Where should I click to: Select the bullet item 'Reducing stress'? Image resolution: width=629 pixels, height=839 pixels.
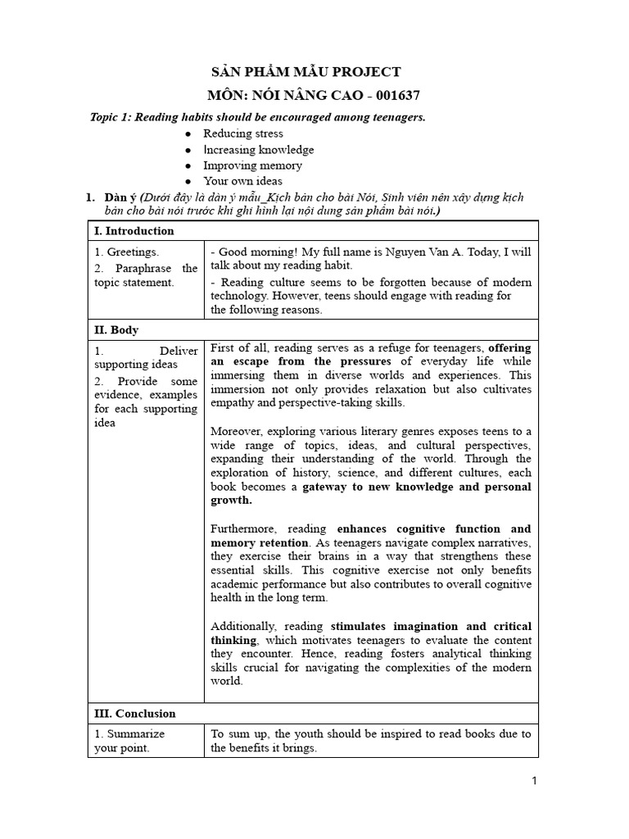243,134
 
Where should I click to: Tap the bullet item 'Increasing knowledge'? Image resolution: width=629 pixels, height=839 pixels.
259,150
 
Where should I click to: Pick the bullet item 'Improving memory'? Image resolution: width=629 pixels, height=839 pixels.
253,166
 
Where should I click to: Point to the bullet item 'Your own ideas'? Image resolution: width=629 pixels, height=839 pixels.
243,181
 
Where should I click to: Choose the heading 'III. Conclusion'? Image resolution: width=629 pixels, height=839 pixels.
135,714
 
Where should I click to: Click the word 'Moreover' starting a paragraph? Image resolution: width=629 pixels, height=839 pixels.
238,431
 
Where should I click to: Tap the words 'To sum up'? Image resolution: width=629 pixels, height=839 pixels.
238,734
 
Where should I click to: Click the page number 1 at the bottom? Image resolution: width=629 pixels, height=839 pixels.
533,782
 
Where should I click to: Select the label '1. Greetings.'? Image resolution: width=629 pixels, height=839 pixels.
127,252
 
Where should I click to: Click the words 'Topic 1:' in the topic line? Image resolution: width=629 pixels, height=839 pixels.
111,117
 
